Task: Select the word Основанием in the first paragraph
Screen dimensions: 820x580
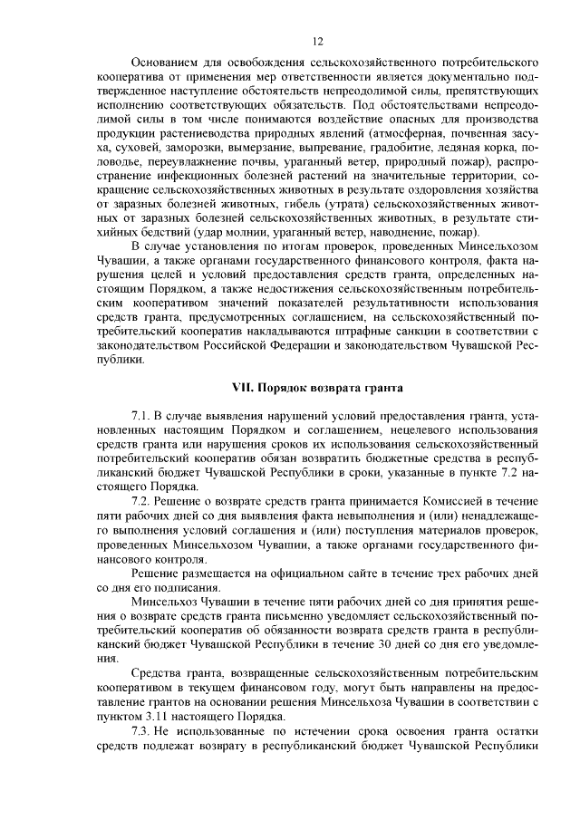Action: click(x=164, y=65)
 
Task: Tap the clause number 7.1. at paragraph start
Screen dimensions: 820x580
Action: click(x=143, y=415)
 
